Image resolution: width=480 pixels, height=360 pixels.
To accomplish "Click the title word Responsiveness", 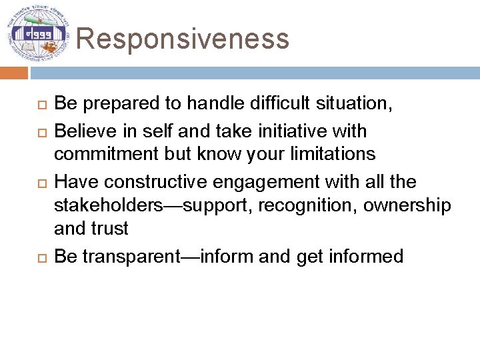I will pos(183,39).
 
